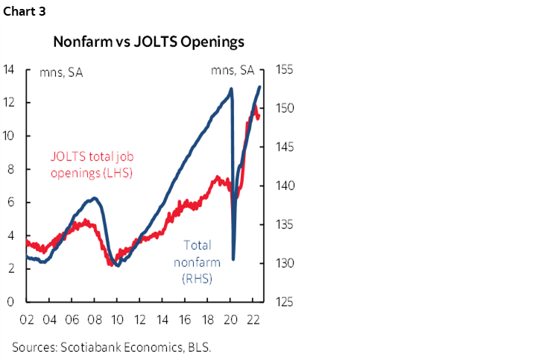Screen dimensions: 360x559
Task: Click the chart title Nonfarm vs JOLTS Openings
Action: (148, 42)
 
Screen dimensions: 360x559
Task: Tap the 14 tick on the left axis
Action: (9, 69)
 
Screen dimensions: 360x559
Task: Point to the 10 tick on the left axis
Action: (9, 136)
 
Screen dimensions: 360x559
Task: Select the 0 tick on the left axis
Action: (9, 302)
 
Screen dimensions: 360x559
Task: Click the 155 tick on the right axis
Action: (287, 69)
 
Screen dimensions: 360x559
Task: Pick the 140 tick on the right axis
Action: (287, 186)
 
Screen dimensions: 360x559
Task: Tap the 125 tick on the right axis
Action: (287, 302)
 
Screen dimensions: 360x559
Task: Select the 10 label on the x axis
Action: (117, 321)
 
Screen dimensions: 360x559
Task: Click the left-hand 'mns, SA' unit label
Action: (62, 72)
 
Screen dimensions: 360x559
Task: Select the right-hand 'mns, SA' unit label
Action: (233, 72)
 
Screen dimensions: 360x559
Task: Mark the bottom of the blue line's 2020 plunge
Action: (234, 259)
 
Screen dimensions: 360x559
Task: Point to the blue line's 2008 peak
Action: (94, 198)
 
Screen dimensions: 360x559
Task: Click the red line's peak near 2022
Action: (255, 107)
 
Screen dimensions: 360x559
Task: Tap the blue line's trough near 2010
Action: (117, 265)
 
